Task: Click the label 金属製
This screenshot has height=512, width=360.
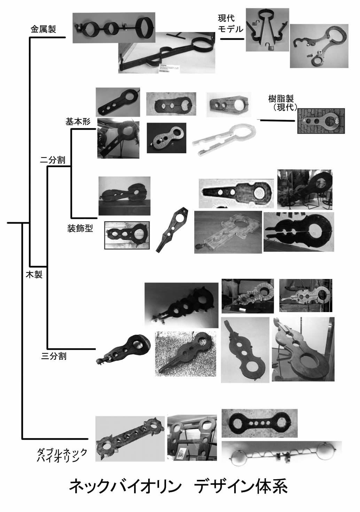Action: (43, 29)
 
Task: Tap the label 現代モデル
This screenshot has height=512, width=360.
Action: (230, 23)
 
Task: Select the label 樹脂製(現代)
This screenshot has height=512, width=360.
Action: (281, 103)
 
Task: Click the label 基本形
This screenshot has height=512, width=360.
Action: (78, 122)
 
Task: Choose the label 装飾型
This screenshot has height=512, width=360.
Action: (80, 228)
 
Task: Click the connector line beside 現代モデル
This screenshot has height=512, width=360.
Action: (232, 39)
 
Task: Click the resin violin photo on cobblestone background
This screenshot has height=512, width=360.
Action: (322, 121)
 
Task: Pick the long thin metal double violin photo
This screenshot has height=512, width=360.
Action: (281, 453)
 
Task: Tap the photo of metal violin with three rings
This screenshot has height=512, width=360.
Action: (114, 28)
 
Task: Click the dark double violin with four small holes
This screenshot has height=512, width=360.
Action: (259, 423)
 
